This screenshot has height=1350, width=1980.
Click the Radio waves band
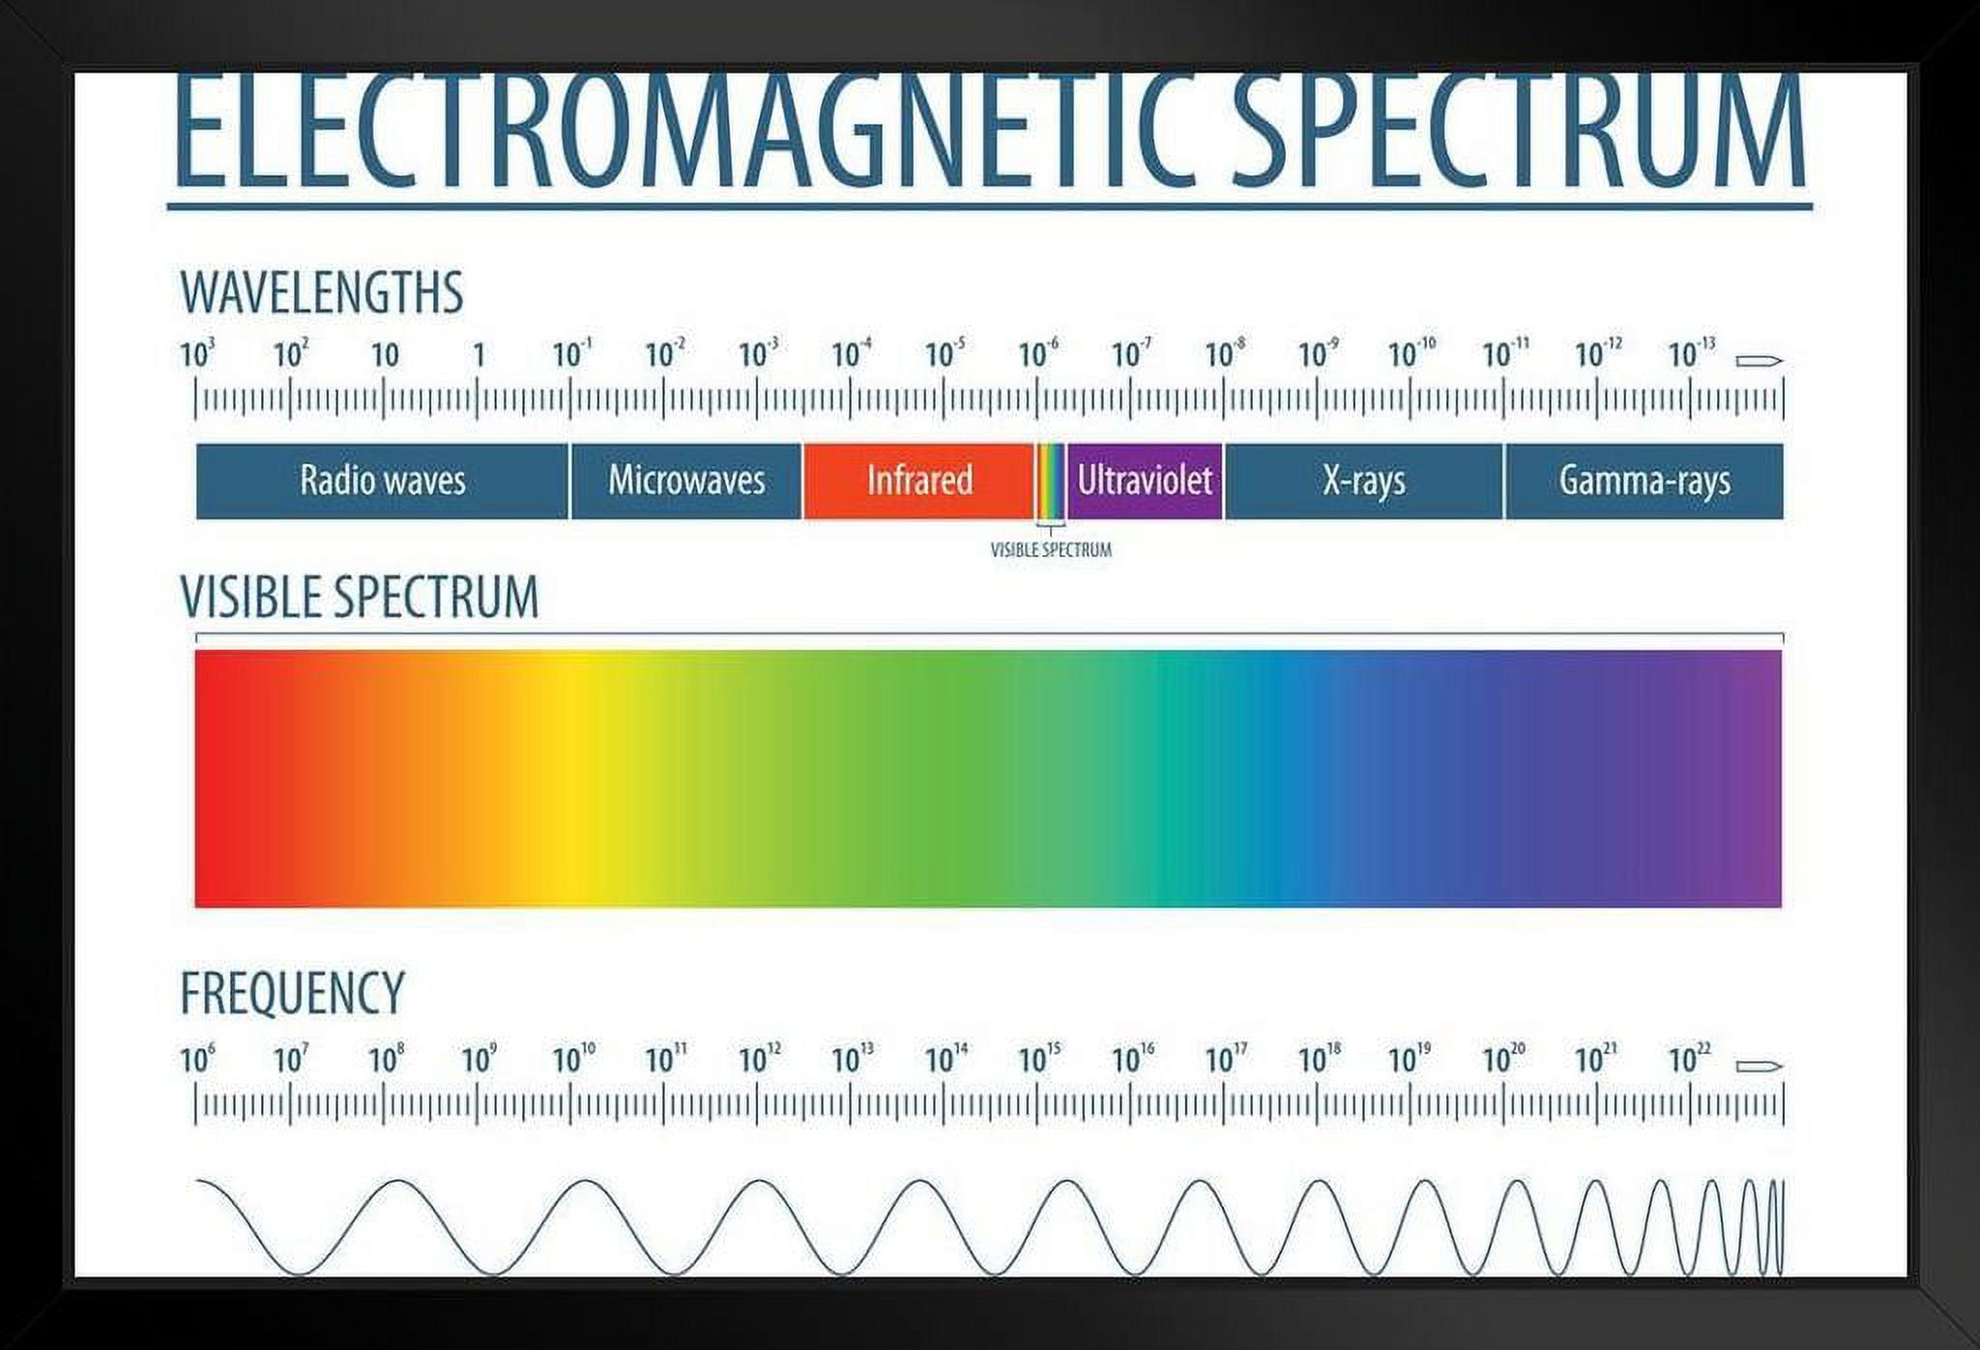click(382, 481)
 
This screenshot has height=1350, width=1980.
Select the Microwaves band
click(686, 481)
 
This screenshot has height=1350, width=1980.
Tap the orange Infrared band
click(918, 481)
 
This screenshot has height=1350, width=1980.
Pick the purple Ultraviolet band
click(1145, 481)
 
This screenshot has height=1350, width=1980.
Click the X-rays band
click(1363, 481)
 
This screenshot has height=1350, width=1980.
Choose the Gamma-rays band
click(1644, 481)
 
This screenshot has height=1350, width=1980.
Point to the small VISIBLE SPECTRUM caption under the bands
click(1051, 550)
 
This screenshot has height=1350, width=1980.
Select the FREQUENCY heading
click(292, 993)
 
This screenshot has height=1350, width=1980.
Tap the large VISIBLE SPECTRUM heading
click(359, 597)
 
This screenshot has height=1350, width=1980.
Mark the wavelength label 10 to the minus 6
click(1038, 354)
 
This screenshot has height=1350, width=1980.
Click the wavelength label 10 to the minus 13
click(1691, 354)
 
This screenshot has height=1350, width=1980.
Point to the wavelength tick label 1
click(479, 356)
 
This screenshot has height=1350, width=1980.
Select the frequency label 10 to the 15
click(1039, 1059)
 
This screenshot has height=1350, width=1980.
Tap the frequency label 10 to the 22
click(1689, 1059)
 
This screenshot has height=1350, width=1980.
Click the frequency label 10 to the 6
click(197, 1059)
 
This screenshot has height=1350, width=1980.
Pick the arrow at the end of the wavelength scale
click(1759, 362)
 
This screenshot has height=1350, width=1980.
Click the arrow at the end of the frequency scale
click(1759, 1067)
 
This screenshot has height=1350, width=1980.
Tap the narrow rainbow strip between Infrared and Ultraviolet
click(1051, 481)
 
